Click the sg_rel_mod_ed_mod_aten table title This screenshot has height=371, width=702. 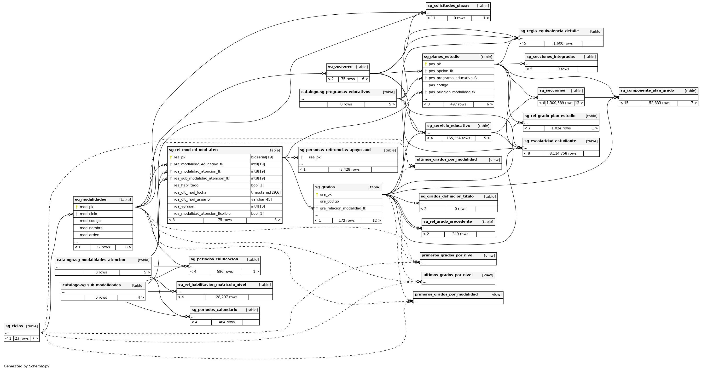tap(193, 150)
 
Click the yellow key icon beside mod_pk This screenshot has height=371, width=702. tap(77, 207)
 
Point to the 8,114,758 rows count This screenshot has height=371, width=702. tap(563, 153)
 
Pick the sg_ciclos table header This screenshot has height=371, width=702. tap(14, 326)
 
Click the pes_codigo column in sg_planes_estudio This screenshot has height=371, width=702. tap(438, 85)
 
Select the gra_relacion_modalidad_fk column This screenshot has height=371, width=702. tap(343, 208)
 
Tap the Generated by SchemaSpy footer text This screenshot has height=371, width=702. tap(26, 366)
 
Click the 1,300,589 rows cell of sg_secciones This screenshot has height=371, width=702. tap(560, 103)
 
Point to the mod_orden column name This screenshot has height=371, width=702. tap(89, 235)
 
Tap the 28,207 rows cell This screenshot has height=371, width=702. tap(226, 297)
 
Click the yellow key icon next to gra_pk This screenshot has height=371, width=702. tap(317, 194)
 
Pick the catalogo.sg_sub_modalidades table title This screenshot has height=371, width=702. tap(91, 285)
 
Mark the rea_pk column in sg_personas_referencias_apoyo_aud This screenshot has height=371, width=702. tap(314, 157)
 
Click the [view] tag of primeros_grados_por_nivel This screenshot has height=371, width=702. tap(489, 256)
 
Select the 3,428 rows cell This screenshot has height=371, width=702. tap(350, 169)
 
